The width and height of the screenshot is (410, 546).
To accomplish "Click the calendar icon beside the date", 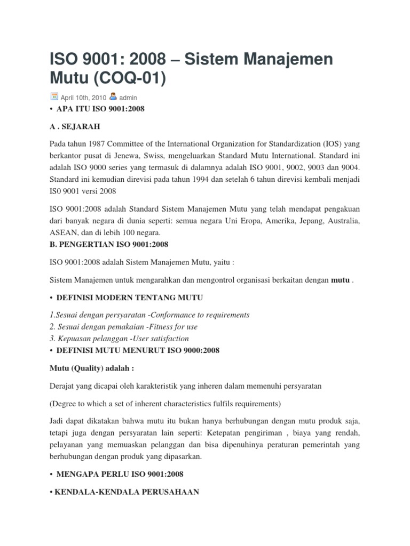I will [54, 97].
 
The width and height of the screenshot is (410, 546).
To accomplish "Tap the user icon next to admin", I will [113, 97].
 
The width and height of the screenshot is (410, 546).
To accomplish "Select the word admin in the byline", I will [128, 98].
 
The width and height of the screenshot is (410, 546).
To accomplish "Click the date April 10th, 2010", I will [83, 98].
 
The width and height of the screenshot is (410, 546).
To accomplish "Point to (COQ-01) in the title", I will [131, 78].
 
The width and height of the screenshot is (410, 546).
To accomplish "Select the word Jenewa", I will [138, 157].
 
